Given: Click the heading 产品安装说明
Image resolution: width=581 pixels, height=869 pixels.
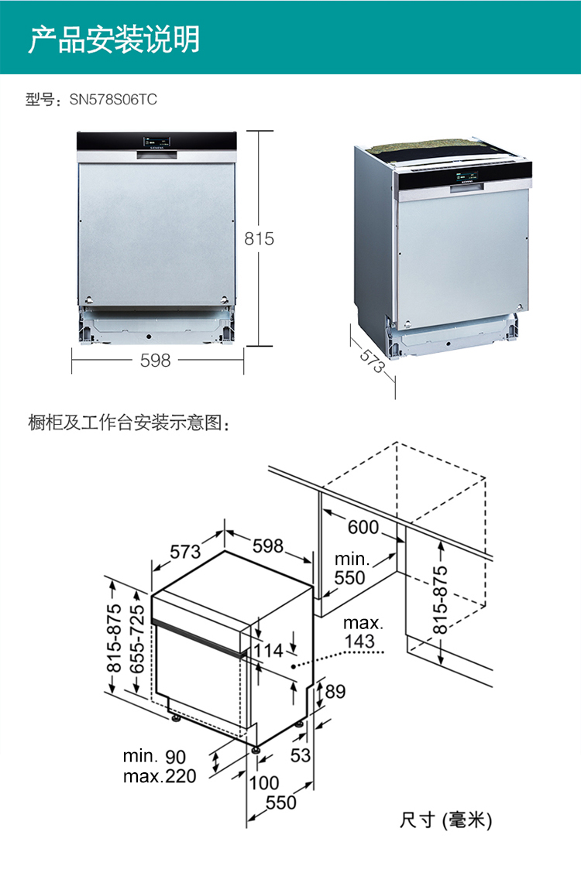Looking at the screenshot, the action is [114, 39].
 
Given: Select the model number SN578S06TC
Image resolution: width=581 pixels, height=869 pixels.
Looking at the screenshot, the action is [113, 100].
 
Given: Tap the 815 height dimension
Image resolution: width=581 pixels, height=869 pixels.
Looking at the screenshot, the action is [260, 239].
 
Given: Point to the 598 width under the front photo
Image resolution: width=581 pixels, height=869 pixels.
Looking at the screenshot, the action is [155, 361].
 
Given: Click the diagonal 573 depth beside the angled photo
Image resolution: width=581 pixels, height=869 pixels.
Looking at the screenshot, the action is [373, 361].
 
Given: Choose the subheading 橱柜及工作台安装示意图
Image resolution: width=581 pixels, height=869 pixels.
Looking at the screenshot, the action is [129, 423].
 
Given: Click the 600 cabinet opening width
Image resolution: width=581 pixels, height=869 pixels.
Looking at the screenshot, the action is [363, 528].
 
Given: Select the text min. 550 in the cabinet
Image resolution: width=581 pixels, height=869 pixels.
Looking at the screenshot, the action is [350, 569].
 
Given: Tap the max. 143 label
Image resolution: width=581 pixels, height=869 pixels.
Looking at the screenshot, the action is [363, 632].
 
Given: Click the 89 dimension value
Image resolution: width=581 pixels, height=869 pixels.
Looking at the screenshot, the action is [335, 692].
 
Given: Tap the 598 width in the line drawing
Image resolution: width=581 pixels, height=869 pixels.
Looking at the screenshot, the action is [268, 546].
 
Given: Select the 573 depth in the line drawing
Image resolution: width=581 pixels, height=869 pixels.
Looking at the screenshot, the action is [186, 552].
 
